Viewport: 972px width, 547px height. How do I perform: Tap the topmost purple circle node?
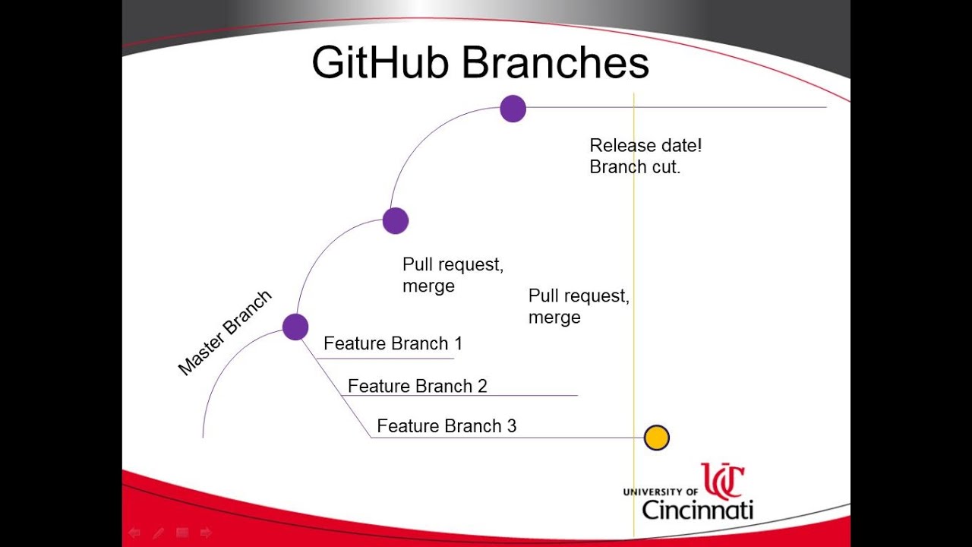click(513, 109)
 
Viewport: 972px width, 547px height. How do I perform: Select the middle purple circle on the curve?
click(396, 221)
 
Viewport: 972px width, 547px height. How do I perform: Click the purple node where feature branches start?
click(295, 327)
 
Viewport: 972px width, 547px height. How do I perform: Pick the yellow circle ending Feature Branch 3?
click(656, 438)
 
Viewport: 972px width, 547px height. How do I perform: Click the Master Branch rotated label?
click(225, 333)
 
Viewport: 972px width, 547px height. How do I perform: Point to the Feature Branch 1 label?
click(393, 343)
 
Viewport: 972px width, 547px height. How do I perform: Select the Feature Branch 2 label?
click(417, 386)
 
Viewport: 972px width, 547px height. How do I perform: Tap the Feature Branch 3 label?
click(447, 426)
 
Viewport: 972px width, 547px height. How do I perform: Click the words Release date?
click(645, 145)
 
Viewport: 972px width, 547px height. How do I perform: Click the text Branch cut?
click(635, 167)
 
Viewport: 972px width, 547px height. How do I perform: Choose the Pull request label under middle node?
click(453, 265)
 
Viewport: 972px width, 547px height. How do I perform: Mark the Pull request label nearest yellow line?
click(579, 296)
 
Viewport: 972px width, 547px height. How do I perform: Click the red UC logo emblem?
click(722, 481)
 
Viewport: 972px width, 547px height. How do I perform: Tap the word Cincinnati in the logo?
click(697, 509)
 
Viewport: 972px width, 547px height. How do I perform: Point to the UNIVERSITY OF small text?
click(660, 492)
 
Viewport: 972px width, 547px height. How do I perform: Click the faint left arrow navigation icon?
click(134, 533)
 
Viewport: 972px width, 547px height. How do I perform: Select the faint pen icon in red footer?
click(158, 533)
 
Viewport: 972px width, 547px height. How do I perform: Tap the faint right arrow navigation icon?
click(205, 533)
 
